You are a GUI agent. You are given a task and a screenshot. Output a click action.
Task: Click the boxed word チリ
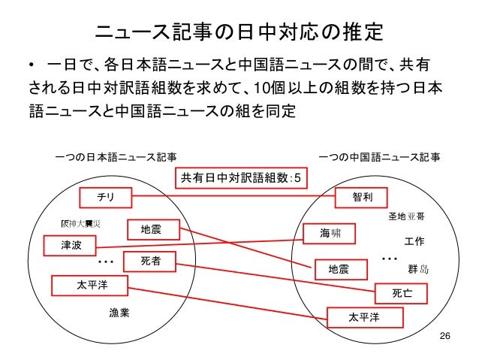coord(106,198)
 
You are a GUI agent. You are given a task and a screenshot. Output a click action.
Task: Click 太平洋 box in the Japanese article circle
coord(90,286)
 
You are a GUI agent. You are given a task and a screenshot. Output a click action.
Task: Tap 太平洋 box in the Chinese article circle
coord(365,318)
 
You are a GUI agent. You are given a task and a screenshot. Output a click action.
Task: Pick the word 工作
coord(414,242)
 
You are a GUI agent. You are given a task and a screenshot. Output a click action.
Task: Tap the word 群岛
coord(417,268)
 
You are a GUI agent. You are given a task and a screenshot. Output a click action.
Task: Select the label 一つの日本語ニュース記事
coord(116,158)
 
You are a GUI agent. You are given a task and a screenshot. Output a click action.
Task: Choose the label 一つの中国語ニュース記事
coord(379,158)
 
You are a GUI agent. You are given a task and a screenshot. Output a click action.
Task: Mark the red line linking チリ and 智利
coord(233,198)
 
